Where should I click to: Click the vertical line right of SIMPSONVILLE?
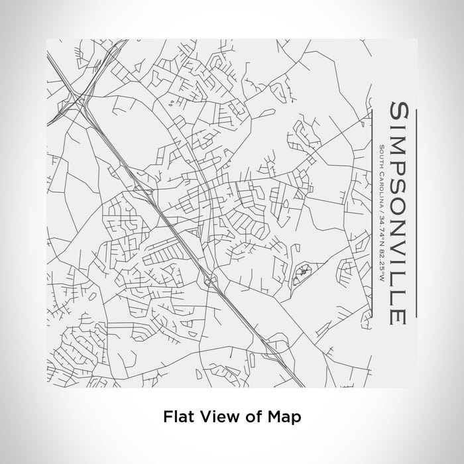(416, 212)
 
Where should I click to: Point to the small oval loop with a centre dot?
(302, 271)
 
